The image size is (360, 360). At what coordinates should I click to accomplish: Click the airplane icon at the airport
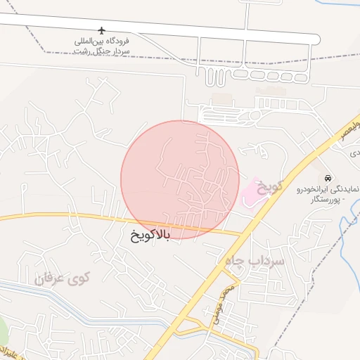click(x=103, y=31)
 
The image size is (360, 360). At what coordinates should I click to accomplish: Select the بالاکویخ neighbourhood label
click(x=150, y=233)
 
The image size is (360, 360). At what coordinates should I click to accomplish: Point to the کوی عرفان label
click(x=63, y=278)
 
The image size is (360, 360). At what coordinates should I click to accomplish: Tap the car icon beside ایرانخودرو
click(x=328, y=177)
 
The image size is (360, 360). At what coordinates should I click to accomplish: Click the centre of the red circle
click(x=180, y=179)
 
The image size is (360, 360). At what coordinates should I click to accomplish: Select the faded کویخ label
click(x=270, y=187)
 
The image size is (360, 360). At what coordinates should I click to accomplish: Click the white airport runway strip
click(x=141, y=28)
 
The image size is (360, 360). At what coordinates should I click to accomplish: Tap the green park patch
click(x=2, y=330)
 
